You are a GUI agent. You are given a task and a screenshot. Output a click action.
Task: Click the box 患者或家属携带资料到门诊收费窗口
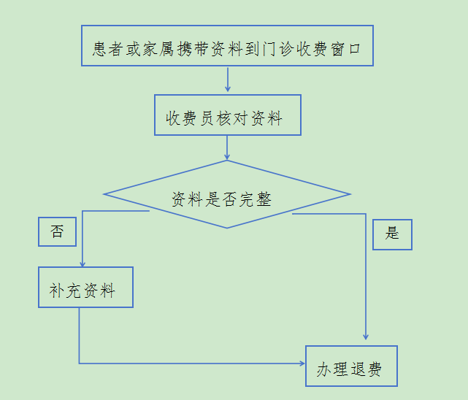coord(227,46)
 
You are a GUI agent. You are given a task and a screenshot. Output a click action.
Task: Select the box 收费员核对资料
coord(227,115)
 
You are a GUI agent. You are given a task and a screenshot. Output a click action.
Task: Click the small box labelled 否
coord(57,232)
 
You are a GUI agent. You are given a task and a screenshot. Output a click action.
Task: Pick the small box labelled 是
coord(392,234)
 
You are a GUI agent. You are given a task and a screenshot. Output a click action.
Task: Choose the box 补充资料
coord(85,287)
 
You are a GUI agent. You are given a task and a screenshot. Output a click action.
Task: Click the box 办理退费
coord(350,366)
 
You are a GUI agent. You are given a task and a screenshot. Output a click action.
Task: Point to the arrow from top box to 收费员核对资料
coord(228,80)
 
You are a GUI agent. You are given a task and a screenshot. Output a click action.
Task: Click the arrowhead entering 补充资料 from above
coord(82,264)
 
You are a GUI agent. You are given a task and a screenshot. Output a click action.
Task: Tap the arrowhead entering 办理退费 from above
coord(365,342)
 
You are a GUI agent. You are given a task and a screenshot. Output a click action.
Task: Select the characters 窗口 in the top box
coord(351,50)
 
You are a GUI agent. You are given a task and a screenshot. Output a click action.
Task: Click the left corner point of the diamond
coord(105,194)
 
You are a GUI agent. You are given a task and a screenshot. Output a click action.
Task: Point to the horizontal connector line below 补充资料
coord(190,363)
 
